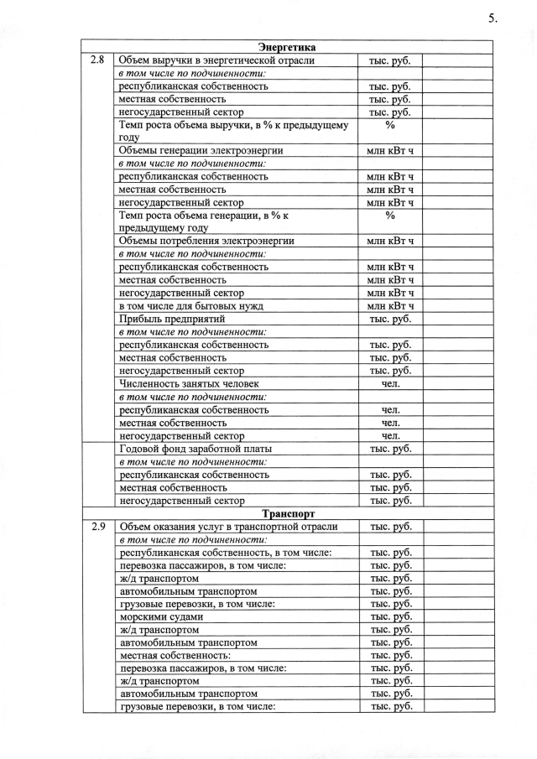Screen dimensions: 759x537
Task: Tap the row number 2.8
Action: click(97, 60)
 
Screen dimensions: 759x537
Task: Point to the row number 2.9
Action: click(97, 527)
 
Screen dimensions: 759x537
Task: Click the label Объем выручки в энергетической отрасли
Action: click(217, 60)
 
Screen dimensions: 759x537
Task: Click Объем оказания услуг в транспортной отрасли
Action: click(228, 527)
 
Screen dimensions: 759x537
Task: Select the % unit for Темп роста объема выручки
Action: click(390, 125)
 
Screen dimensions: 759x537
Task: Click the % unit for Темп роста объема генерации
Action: click(390, 216)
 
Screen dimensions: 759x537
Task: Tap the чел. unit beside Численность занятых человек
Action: click(391, 384)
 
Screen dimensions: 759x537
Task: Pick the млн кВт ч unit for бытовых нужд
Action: click(390, 306)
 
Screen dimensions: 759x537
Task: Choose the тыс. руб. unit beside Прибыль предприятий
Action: click(391, 320)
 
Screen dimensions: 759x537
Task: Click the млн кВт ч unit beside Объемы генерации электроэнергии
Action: click(390, 151)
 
